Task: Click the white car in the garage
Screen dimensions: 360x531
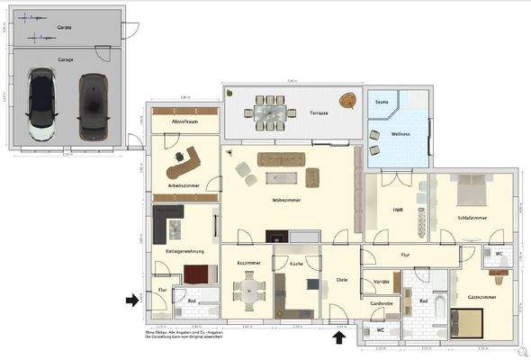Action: point(42,104)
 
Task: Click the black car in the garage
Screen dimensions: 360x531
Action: point(93,106)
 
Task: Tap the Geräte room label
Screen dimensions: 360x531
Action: point(64,28)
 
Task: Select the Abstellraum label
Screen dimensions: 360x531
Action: point(184,121)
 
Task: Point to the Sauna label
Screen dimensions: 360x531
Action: point(381,103)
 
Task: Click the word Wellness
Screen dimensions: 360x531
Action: point(400,133)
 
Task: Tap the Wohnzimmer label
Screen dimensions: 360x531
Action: point(287,200)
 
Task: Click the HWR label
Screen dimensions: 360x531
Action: point(397,210)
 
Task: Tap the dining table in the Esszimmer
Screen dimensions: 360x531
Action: point(248,290)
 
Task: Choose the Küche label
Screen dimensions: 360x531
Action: point(296,264)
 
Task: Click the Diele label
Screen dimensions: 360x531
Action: point(342,279)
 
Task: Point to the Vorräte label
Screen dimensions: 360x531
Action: point(380,282)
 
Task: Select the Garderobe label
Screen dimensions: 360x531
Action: point(382,303)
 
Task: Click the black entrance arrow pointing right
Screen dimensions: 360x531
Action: point(132,300)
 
